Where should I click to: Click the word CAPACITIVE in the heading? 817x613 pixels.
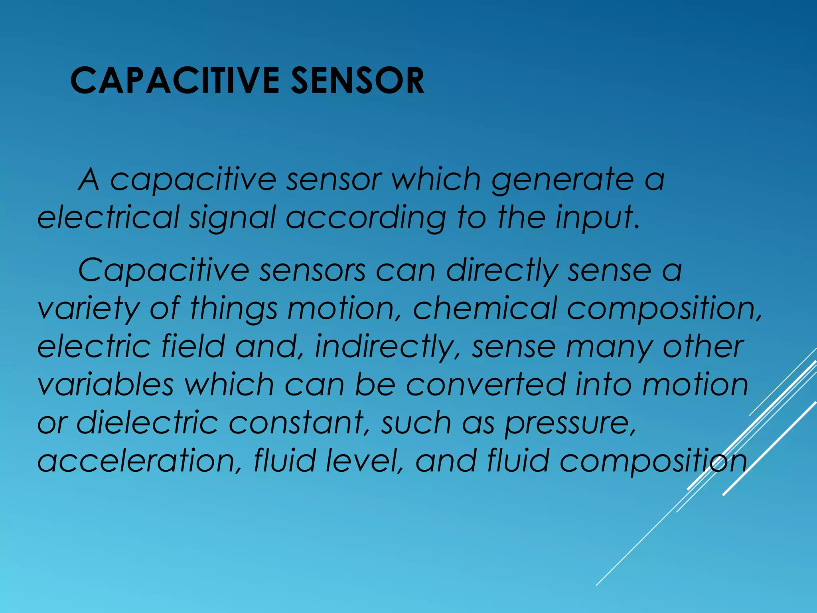(175, 81)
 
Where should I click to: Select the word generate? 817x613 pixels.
(562, 180)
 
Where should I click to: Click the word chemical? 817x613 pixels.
(485, 308)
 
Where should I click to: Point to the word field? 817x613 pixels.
(193, 346)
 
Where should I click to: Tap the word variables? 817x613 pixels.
(106, 384)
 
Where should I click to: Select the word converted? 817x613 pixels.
(486, 384)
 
